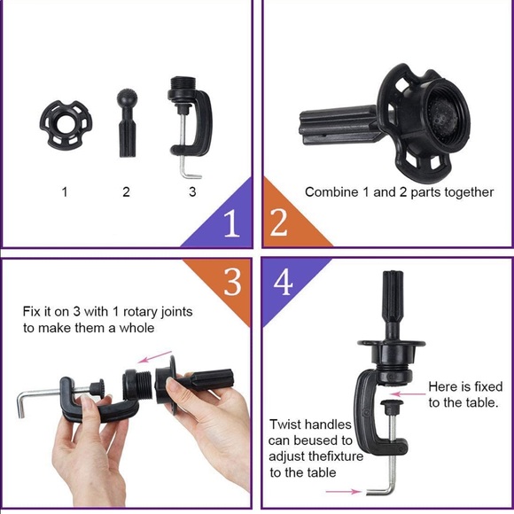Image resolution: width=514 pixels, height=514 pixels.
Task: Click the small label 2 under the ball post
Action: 126,191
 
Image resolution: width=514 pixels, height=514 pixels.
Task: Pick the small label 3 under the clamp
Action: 192,191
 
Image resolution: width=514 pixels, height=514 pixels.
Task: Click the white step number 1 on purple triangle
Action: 232,222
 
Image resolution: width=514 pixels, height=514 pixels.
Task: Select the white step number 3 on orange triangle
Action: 232,282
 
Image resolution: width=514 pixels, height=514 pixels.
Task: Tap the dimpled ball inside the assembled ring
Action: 443,115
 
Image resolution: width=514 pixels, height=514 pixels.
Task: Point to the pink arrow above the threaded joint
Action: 155,356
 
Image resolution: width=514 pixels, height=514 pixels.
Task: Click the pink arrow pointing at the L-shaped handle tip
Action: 343,491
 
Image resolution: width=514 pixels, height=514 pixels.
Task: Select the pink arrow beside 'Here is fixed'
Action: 409,393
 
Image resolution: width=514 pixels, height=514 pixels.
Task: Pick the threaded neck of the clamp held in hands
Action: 144,385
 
